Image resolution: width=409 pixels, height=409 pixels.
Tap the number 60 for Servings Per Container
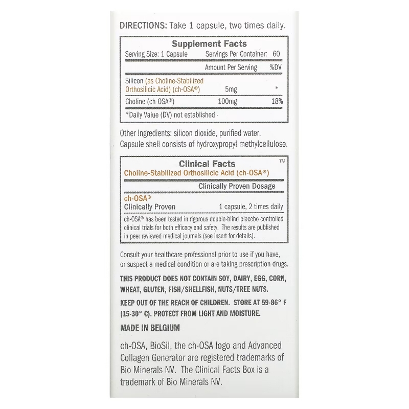(x=277, y=54)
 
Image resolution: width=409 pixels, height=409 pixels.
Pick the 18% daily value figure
(x=277, y=102)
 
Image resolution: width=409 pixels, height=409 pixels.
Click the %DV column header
(x=276, y=67)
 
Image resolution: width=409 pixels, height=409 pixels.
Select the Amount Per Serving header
(x=231, y=67)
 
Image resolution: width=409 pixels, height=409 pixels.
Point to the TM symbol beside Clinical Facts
(x=282, y=161)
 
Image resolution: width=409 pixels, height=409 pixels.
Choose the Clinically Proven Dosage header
(x=237, y=186)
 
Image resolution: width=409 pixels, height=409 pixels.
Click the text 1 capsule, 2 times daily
(x=251, y=207)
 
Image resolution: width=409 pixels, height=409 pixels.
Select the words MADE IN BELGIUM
(x=150, y=328)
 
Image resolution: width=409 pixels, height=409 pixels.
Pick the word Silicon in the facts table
(x=134, y=81)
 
